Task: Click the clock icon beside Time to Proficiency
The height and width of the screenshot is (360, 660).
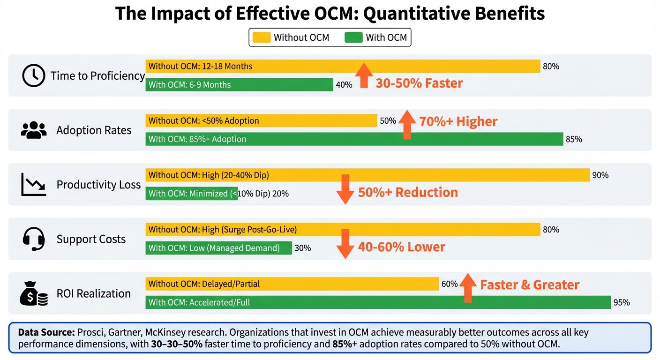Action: coord(34,76)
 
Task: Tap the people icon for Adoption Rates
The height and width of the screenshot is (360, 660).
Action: coord(34,130)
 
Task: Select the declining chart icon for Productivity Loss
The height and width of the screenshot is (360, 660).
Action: coord(34,184)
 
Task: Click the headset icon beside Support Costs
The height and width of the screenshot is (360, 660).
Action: coord(34,239)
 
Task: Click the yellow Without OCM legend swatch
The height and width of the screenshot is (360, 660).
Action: coord(262,37)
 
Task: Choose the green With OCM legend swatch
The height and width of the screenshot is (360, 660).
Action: coord(353,37)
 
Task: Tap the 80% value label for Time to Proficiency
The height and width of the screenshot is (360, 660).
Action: coord(551,67)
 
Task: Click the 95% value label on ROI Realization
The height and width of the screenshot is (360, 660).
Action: coord(621,303)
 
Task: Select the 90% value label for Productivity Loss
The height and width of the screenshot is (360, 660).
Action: coord(600,175)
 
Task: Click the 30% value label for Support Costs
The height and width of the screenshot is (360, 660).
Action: coord(302,248)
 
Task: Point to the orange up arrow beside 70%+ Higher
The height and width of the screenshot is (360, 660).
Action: coord(407,125)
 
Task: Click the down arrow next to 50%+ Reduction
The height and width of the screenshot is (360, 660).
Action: coord(345,189)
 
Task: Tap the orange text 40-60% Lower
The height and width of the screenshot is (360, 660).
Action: coord(401,247)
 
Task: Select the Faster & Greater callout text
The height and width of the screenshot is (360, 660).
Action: coord(530,285)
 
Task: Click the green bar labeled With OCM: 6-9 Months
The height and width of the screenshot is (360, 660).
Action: coord(239,85)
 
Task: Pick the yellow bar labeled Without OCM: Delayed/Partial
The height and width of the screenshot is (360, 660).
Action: coord(292,284)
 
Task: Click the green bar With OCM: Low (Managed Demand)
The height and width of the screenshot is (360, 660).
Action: coord(218,248)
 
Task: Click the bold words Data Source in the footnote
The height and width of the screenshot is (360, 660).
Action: coord(46,332)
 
